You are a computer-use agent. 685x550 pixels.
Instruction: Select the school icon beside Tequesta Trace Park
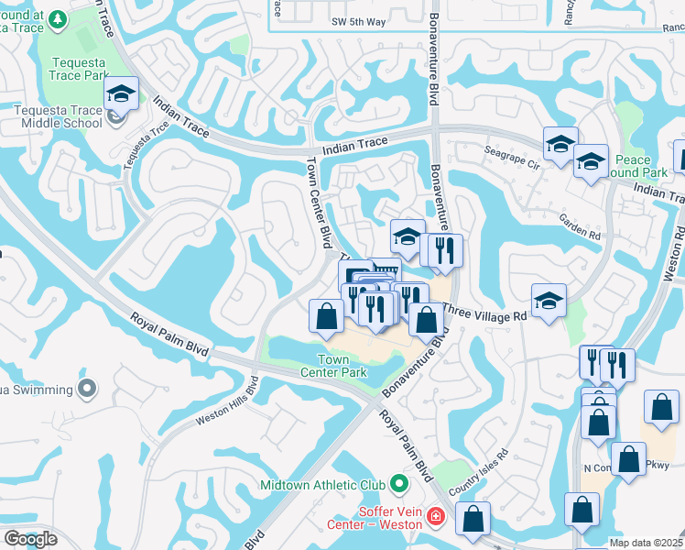coord(120,94)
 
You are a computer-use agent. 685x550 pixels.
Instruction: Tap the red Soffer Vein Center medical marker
coord(435,520)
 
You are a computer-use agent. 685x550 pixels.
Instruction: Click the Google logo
coord(29,538)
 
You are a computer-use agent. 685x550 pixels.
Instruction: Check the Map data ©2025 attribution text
coord(646,543)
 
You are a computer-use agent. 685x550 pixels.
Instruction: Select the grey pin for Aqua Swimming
coord(87,389)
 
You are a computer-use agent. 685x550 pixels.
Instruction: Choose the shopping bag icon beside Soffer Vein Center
coord(473,518)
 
